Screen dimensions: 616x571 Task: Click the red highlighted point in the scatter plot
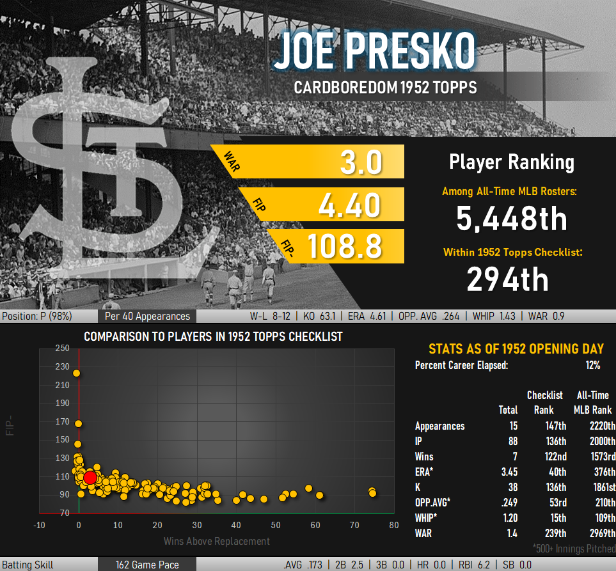click(90, 478)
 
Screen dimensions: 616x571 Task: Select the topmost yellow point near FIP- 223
click(76, 373)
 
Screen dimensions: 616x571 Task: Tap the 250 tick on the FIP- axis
click(62, 348)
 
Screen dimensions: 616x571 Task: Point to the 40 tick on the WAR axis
click(235, 525)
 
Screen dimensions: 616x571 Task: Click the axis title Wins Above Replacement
click(216, 541)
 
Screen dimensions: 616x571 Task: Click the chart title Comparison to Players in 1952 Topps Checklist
click(213, 336)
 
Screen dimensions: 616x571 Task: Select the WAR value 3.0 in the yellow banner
click(361, 162)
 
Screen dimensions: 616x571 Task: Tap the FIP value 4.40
click(349, 205)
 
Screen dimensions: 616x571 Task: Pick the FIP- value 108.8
click(345, 246)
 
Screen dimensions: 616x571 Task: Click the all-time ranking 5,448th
click(512, 218)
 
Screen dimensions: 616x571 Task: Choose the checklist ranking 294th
click(507, 279)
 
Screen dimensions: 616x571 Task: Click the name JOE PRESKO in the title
click(375, 51)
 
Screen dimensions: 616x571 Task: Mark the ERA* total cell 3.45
click(509, 472)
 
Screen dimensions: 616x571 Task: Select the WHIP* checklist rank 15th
click(558, 518)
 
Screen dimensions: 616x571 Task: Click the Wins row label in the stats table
click(424, 457)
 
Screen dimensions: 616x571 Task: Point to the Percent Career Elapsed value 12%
click(593, 365)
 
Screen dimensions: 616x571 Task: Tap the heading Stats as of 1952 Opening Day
click(516, 348)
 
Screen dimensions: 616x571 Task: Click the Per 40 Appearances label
click(147, 316)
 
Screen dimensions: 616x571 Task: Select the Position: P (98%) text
click(37, 316)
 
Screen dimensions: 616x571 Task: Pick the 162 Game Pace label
click(147, 565)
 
